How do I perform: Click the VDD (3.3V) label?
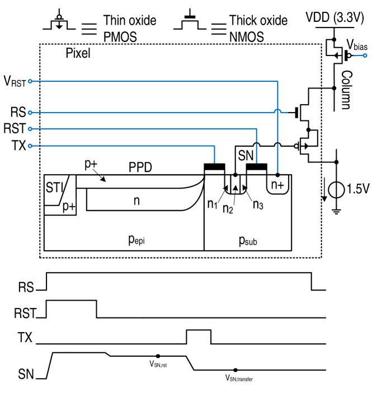click(335, 18)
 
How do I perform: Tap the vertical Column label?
click(346, 90)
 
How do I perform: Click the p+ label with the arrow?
click(91, 164)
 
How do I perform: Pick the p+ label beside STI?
click(69, 207)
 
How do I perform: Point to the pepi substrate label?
click(137, 240)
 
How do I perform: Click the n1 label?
click(213, 204)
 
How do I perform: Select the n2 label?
click(228, 209)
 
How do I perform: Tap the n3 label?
click(258, 204)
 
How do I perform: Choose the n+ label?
click(277, 184)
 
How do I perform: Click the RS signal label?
click(26, 288)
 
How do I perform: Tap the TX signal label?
click(26, 338)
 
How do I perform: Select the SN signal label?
click(26, 375)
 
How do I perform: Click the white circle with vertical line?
click(336, 190)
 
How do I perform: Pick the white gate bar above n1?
click(214, 172)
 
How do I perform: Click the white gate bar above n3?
click(256, 172)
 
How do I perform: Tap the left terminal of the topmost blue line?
click(30, 81)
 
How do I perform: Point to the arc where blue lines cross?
click(277, 111)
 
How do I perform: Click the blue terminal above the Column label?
click(365, 55)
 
